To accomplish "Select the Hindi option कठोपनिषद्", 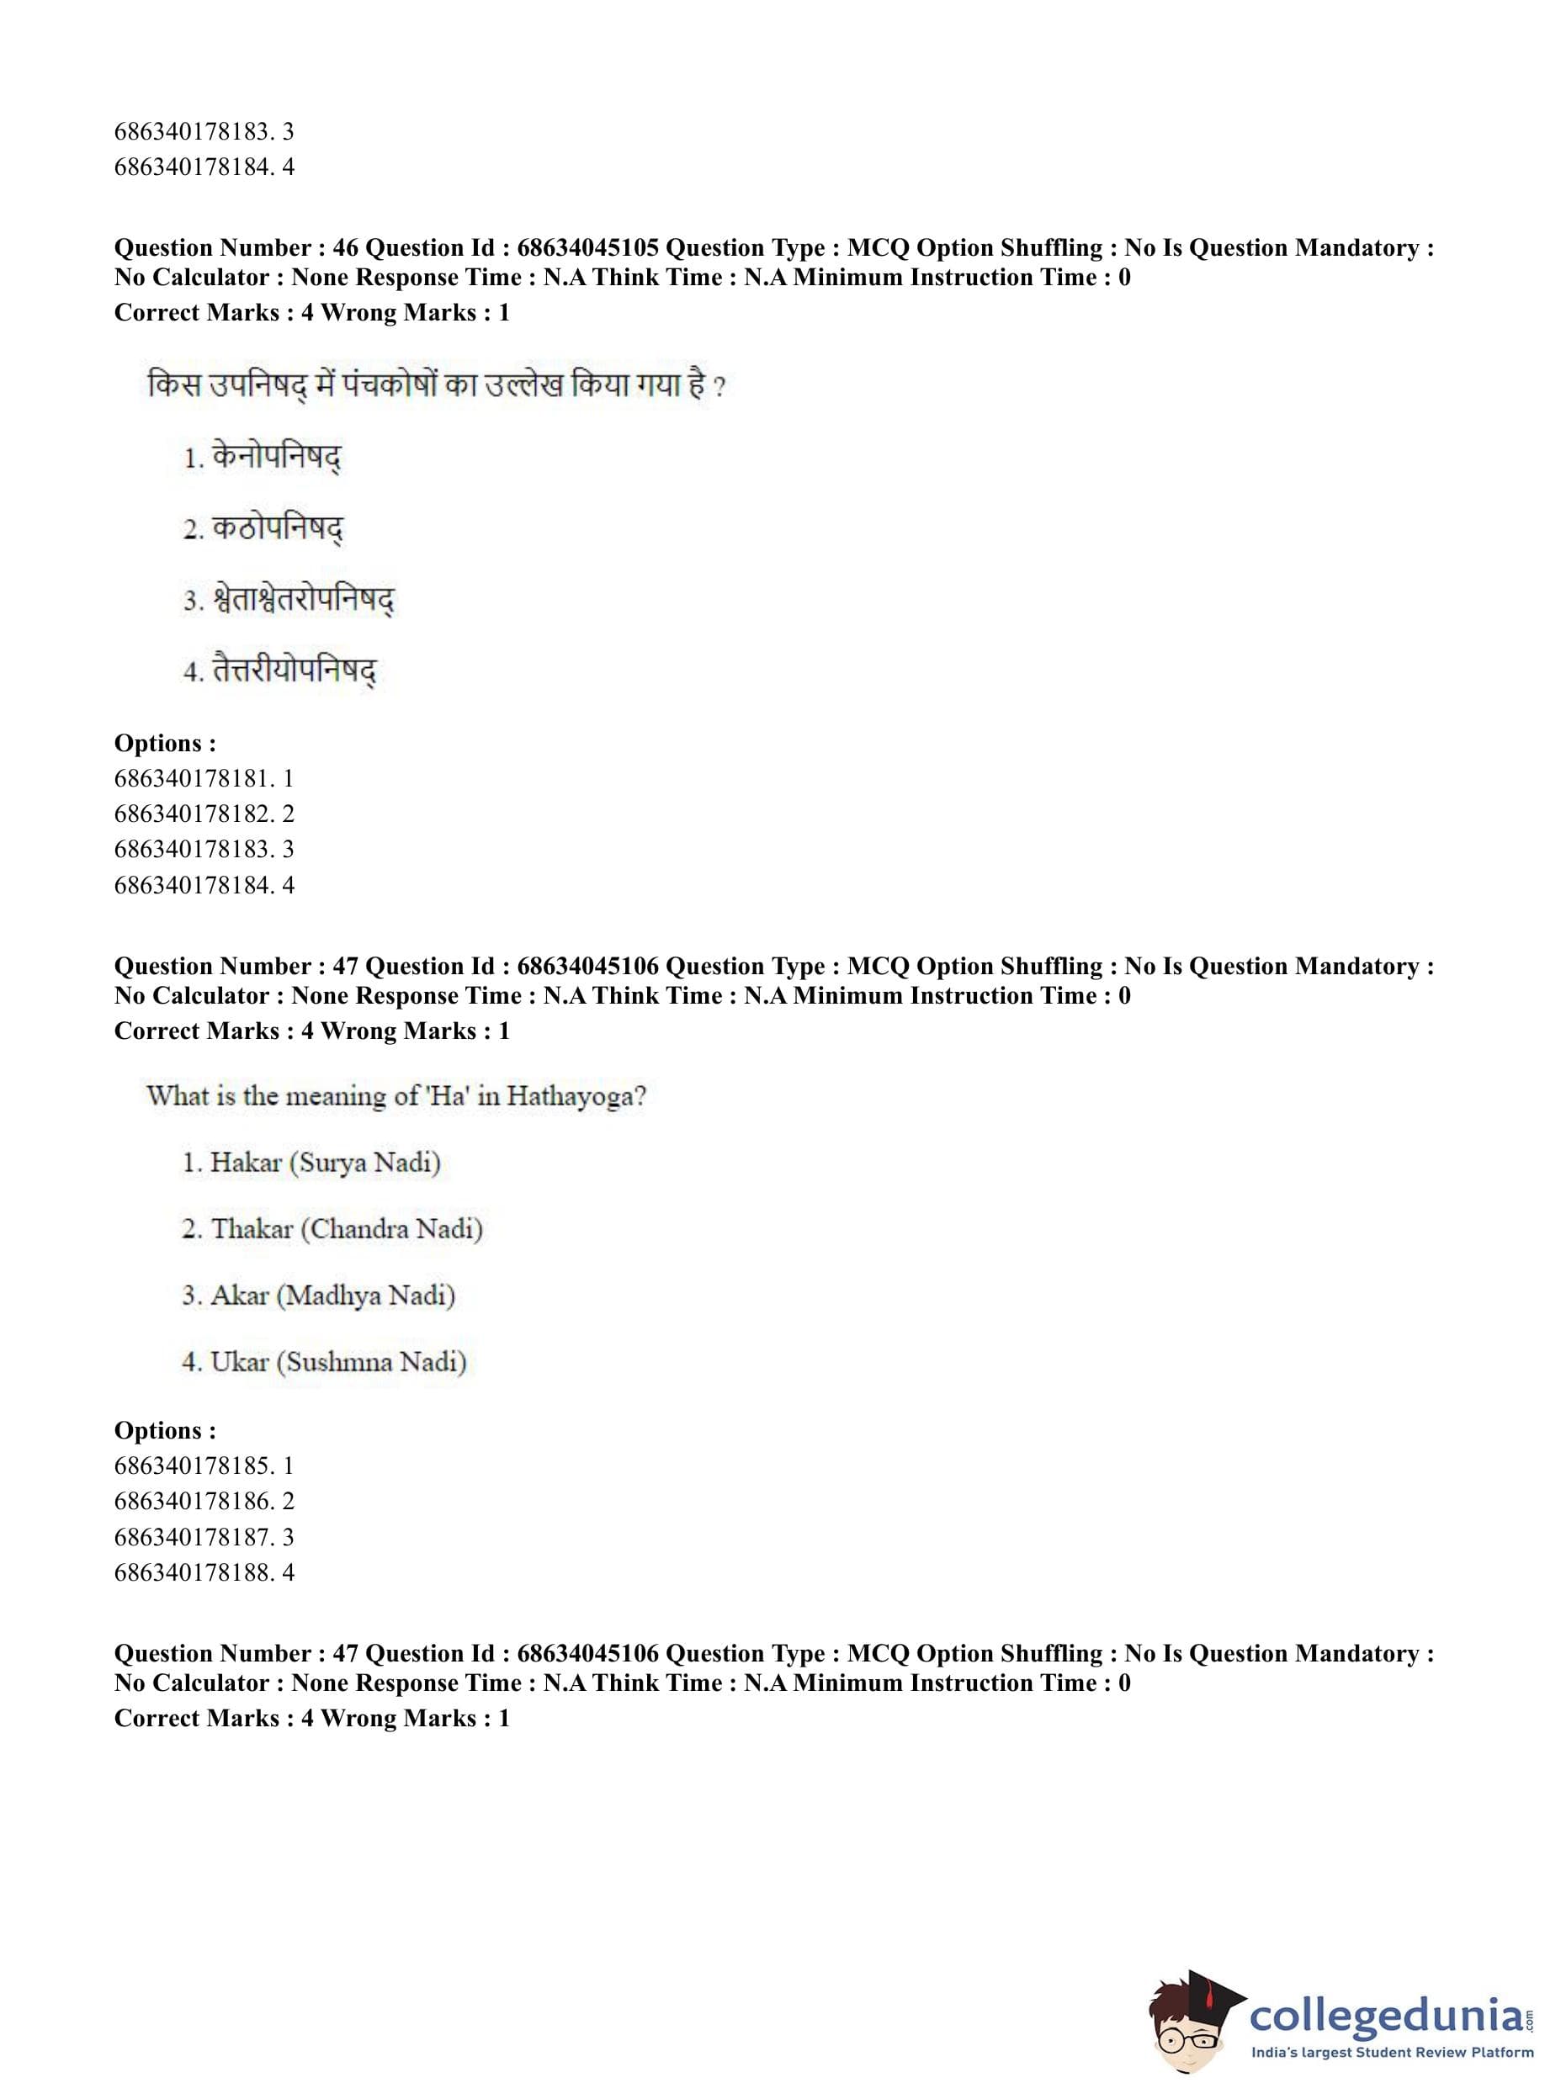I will (277, 528).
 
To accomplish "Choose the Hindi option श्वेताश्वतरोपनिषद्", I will (303, 599).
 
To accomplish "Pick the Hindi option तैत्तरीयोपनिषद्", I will (294, 670).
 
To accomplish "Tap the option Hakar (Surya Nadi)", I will (325, 1162).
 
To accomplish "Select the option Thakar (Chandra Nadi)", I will (346, 1228).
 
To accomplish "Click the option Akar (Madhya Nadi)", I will (332, 1295).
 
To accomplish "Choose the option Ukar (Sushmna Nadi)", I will (337, 1361).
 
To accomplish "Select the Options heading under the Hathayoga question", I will (165, 1430).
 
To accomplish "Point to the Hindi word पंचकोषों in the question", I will (390, 385).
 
